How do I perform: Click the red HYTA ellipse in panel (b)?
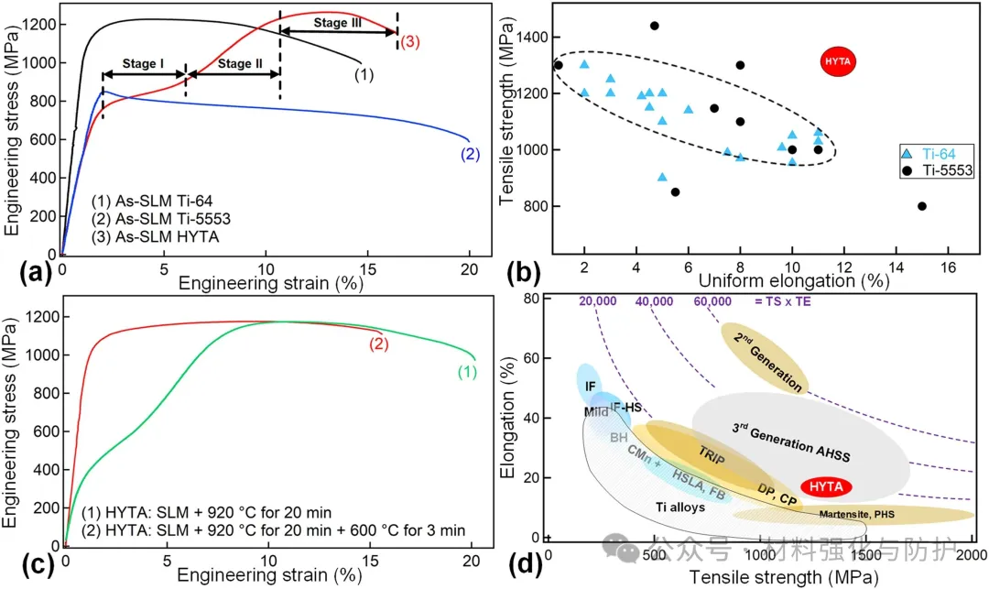[837, 61]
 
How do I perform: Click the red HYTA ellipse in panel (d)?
[826, 486]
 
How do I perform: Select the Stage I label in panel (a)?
[144, 64]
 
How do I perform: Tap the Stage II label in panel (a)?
[234, 64]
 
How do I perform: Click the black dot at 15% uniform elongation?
[922, 206]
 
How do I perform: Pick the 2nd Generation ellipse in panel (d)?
[765, 356]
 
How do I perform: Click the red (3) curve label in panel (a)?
[409, 42]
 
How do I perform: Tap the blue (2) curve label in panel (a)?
[470, 155]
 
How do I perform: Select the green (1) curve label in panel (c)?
[466, 373]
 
